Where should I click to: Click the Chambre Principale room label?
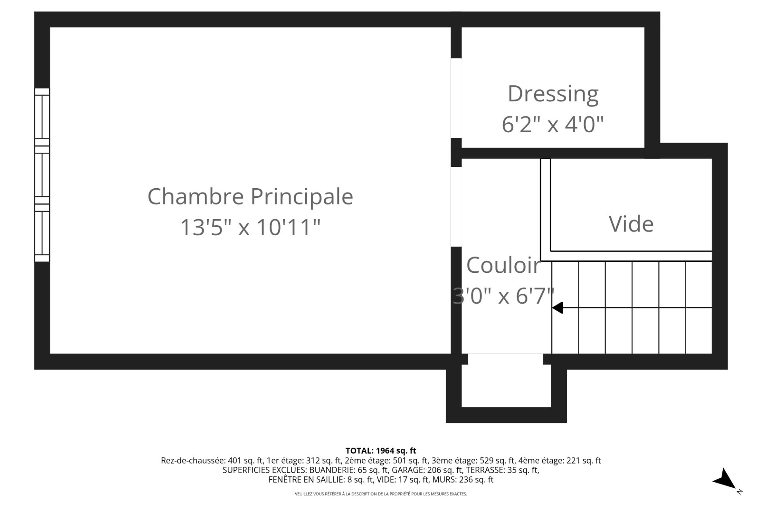[x=250, y=197]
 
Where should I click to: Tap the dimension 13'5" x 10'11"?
[x=250, y=228]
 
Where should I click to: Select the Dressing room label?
[x=553, y=94]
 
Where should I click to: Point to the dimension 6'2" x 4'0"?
[x=553, y=124]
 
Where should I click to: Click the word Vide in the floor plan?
[x=631, y=224]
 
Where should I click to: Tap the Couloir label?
[x=503, y=265]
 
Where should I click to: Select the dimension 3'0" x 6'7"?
[x=503, y=296]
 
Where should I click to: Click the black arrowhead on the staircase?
[x=558, y=308]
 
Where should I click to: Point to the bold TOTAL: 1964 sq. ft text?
[x=381, y=451]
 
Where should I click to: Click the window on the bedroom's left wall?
[x=42, y=175]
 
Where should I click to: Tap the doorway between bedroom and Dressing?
[x=456, y=98]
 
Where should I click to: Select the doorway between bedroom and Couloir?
[x=456, y=207]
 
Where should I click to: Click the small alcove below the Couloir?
[x=506, y=383]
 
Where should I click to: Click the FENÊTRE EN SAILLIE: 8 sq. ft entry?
[x=321, y=480]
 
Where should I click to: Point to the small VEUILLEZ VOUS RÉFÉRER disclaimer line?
[x=381, y=494]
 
